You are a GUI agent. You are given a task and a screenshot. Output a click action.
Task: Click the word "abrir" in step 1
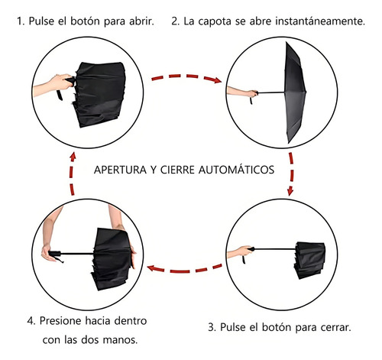[x=141, y=21]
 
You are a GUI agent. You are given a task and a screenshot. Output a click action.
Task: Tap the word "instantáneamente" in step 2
[x=320, y=21]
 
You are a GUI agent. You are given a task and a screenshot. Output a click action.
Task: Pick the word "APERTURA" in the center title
[x=120, y=170]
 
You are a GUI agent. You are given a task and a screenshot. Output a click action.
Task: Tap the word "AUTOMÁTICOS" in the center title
[x=236, y=170]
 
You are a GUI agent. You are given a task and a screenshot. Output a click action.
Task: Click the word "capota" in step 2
[x=215, y=21]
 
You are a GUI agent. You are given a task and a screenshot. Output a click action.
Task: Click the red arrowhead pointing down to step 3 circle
[x=290, y=191]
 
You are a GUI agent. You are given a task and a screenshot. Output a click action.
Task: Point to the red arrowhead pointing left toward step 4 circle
[x=151, y=268]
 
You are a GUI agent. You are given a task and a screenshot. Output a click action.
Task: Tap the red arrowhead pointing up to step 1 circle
[x=73, y=157]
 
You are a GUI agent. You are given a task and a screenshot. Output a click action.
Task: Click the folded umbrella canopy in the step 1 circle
[x=100, y=94]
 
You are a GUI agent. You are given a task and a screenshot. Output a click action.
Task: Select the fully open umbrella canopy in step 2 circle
[x=294, y=92]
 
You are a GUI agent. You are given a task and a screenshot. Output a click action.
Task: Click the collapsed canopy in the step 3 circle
[x=309, y=260]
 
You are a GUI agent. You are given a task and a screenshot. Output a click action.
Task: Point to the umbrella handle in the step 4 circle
[x=55, y=254]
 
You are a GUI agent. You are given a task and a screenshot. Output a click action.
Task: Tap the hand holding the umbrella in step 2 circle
[x=251, y=93]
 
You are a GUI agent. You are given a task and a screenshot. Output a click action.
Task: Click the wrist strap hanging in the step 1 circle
[x=60, y=95]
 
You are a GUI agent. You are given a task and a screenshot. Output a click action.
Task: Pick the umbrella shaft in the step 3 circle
[x=275, y=249]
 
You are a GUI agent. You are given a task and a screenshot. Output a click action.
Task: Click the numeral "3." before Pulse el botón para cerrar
[x=212, y=327]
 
